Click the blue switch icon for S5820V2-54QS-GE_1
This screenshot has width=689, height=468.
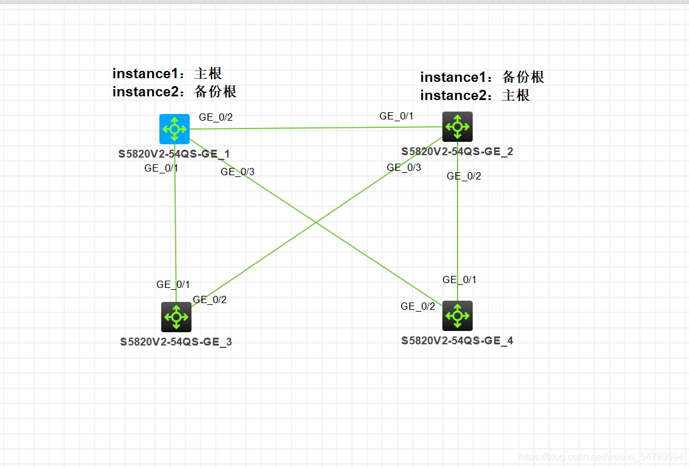pyautogui.click(x=175, y=129)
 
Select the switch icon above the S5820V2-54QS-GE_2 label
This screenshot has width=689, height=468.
pyautogui.click(x=457, y=127)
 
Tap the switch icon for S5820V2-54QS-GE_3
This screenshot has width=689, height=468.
pyautogui.click(x=176, y=316)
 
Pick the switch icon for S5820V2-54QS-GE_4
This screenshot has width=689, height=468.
pyautogui.click(x=457, y=315)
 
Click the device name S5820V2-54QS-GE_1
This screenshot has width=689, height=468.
pyautogui.click(x=174, y=154)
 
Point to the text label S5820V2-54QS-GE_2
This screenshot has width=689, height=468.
pyautogui.click(x=457, y=152)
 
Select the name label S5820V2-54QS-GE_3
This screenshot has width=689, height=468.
pyautogui.click(x=176, y=342)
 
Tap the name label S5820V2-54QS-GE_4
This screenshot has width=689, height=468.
pyautogui.click(x=457, y=341)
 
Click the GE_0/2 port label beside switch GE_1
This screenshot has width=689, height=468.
pyautogui.click(x=216, y=118)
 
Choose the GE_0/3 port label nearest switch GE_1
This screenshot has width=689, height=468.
pyautogui.click(x=238, y=172)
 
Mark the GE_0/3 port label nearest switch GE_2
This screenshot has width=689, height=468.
pyautogui.click(x=404, y=168)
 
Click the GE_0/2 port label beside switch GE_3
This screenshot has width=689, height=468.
pyautogui.click(x=210, y=299)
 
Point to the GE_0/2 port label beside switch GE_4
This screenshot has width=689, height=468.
pyautogui.click(x=418, y=307)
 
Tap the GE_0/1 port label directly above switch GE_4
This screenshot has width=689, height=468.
pyautogui.click(x=459, y=280)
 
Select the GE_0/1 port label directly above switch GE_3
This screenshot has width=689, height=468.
pyautogui.click(x=173, y=284)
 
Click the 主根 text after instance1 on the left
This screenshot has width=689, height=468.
pyautogui.click(x=208, y=74)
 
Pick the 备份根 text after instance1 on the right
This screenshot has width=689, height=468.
pyautogui.click(x=523, y=78)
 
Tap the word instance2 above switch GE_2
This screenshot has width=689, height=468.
pyautogui.click(x=458, y=96)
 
